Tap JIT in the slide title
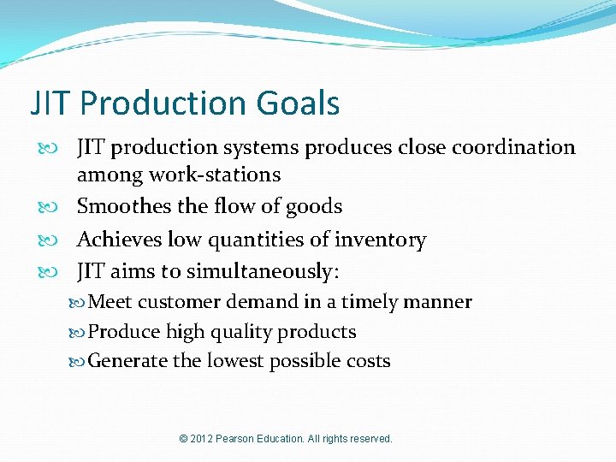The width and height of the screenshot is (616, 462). pyautogui.click(x=50, y=104)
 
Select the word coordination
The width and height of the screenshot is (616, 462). pyautogui.click(x=513, y=147)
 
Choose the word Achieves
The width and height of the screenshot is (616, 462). pyautogui.click(x=119, y=240)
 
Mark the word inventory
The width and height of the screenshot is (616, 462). pyautogui.click(x=380, y=240)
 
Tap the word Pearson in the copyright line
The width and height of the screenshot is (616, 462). pyautogui.click(x=241, y=439)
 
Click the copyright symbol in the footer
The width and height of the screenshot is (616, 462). pyautogui.click(x=184, y=439)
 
